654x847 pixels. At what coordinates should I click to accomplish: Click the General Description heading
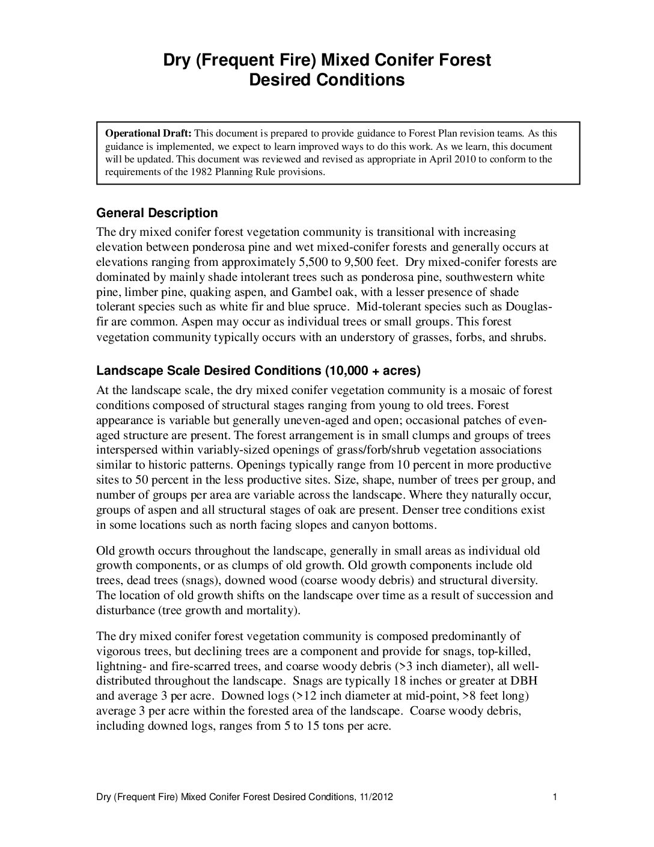point(157,213)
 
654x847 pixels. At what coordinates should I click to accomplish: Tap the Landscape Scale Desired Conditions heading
point(258,371)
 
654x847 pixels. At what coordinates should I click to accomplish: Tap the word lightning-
point(120,666)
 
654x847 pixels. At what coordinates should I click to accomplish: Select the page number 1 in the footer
point(555,797)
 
